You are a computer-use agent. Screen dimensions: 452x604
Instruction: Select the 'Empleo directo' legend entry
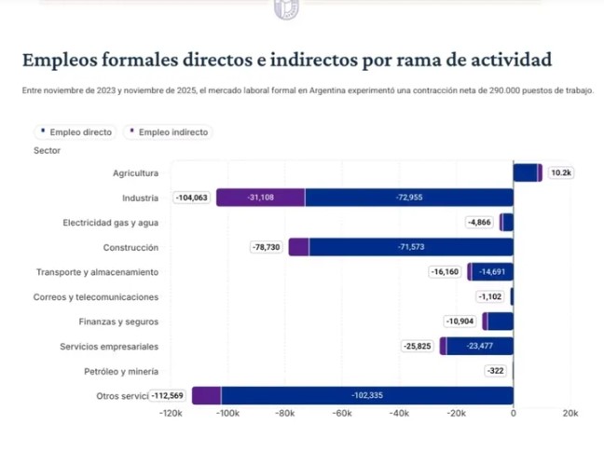point(75,132)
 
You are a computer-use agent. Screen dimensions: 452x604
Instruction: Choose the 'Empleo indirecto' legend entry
point(170,132)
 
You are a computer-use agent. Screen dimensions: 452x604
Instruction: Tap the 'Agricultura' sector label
point(135,172)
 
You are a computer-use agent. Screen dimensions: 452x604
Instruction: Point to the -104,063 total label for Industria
point(193,198)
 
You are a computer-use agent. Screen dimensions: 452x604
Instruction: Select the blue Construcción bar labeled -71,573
point(411,247)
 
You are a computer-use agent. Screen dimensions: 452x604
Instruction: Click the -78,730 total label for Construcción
point(268,247)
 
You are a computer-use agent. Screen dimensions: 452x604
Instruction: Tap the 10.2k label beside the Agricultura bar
point(561,172)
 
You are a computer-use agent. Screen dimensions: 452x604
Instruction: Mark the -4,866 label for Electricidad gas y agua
point(480,222)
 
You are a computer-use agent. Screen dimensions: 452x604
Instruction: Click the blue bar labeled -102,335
point(367,395)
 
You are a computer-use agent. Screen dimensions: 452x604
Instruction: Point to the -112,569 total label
point(169,395)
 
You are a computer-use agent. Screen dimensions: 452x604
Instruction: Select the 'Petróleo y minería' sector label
point(120,371)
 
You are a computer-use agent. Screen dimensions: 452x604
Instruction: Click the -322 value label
point(495,371)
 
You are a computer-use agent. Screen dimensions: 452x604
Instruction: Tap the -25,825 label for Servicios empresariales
point(418,346)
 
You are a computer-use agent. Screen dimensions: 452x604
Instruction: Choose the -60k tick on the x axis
point(342,413)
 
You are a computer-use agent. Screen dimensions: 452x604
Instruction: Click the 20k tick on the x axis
point(570,413)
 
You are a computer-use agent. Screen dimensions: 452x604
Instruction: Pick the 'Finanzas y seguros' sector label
point(118,322)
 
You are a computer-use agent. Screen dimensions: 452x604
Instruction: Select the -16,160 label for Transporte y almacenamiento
point(446,272)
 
